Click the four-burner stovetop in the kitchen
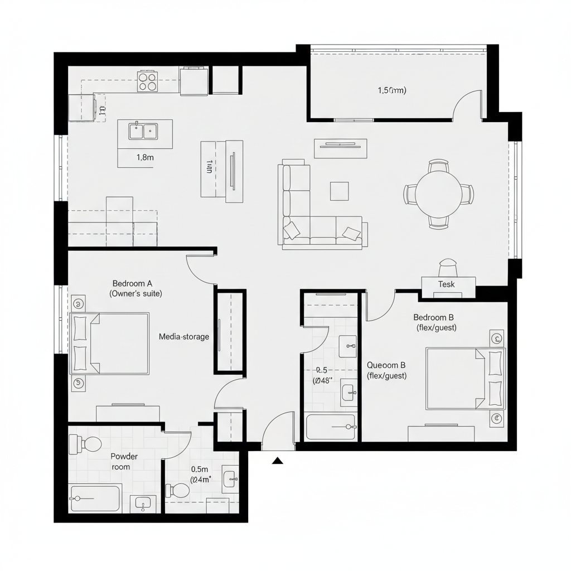(x=147, y=82)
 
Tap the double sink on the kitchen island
(x=143, y=132)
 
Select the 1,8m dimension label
(x=145, y=157)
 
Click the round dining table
(x=439, y=194)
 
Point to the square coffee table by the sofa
(x=339, y=191)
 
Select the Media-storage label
(x=184, y=336)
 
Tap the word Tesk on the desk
(x=446, y=284)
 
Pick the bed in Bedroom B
(x=464, y=378)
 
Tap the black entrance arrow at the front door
(x=278, y=460)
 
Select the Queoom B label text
(x=386, y=365)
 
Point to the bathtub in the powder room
(x=95, y=498)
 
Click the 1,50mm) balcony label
(x=392, y=90)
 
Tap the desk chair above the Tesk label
(x=448, y=267)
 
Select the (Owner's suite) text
(x=137, y=293)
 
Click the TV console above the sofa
(x=341, y=148)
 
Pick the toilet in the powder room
(x=86, y=444)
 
